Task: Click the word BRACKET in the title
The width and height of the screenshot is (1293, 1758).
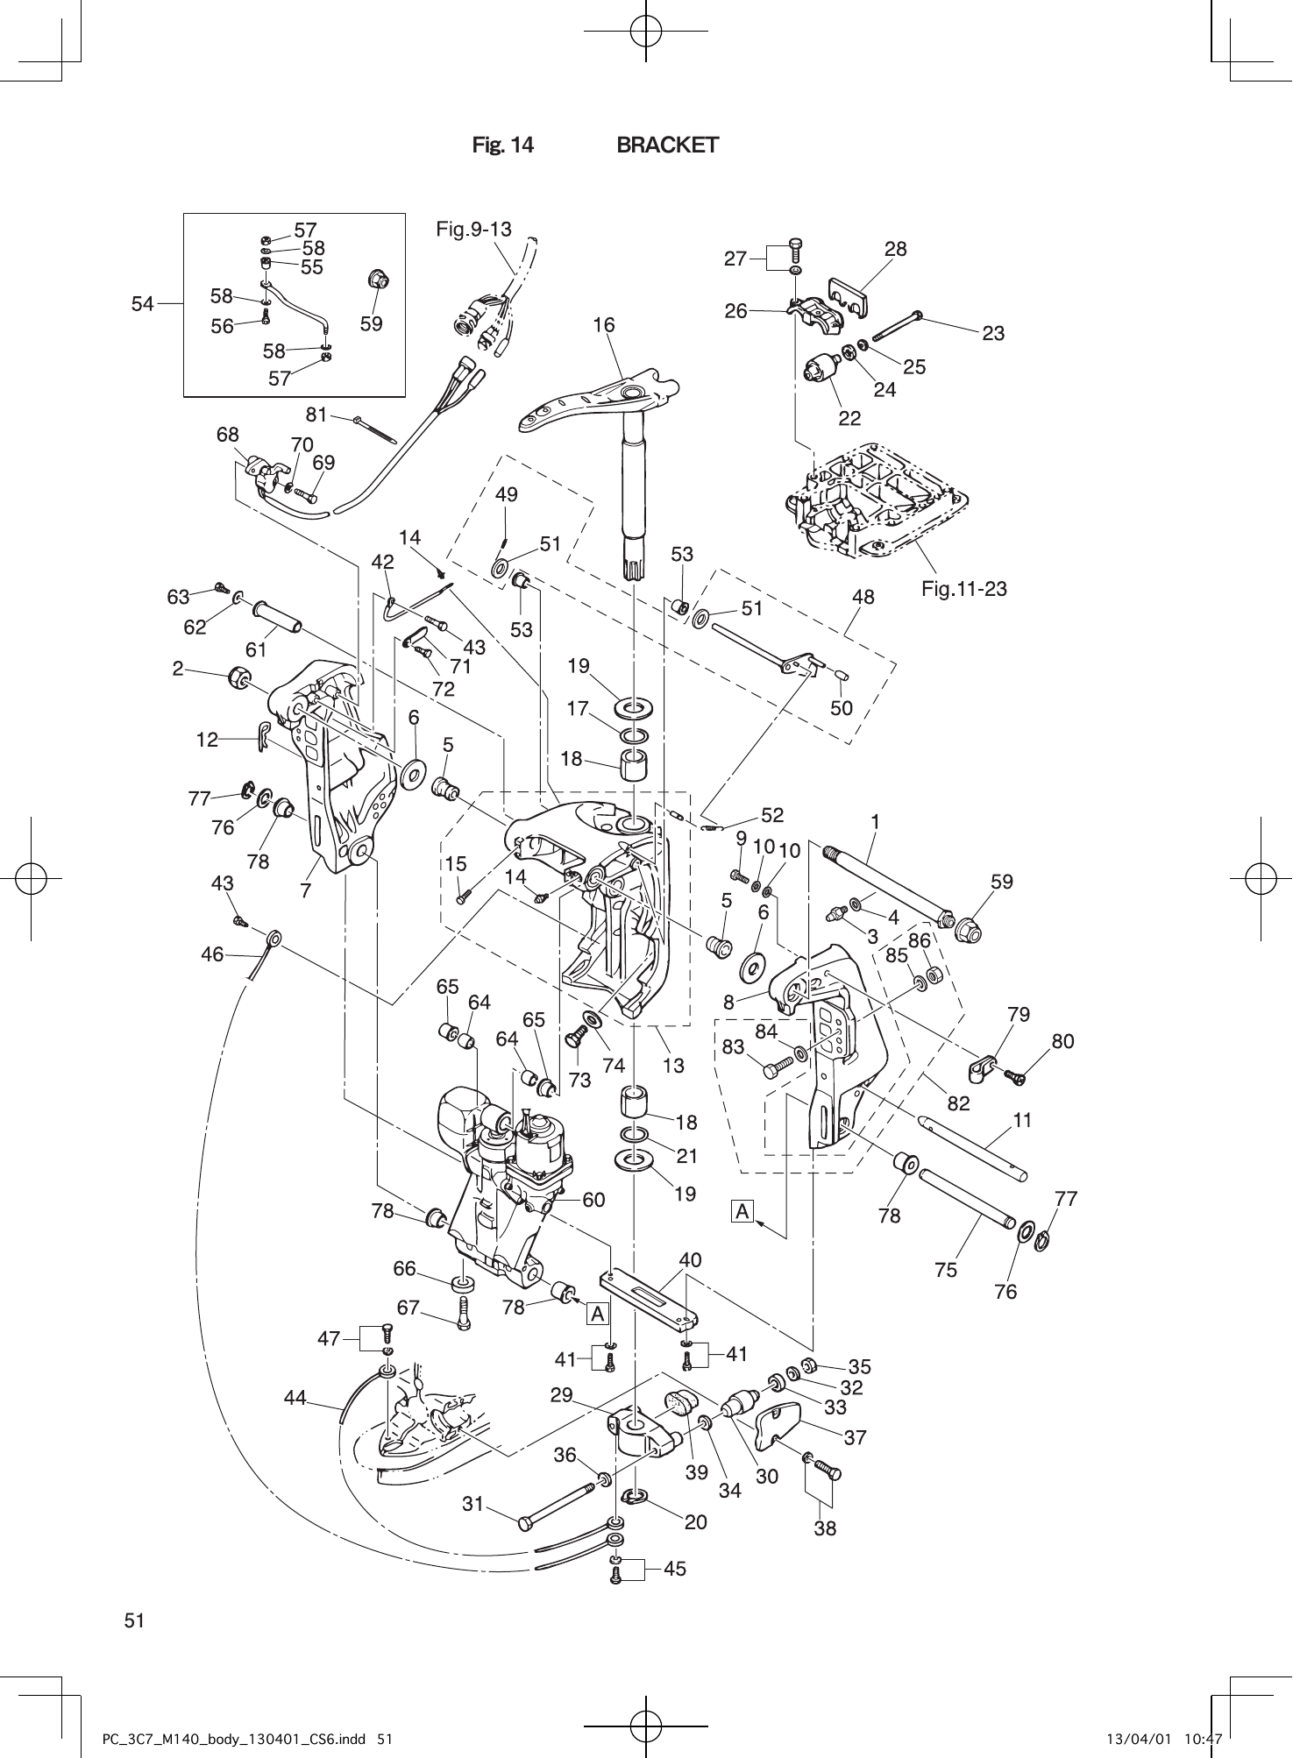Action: click(x=667, y=145)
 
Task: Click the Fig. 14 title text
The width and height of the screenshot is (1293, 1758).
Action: click(x=502, y=145)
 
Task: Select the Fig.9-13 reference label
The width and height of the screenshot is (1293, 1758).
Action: click(x=473, y=230)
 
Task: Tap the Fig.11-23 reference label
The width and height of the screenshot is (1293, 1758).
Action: click(x=963, y=589)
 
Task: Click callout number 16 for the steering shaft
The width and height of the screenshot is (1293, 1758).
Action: click(x=603, y=325)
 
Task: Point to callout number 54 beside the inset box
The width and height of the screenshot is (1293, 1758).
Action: click(x=142, y=304)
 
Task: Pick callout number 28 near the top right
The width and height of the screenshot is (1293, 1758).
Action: click(x=895, y=249)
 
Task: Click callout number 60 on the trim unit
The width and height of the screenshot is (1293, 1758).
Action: click(x=593, y=1200)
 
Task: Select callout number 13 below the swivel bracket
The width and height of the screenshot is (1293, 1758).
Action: click(x=673, y=1066)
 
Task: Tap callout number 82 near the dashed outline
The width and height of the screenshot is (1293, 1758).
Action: click(x=958, y=1103)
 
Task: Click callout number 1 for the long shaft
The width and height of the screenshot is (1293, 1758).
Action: click(x=874, y=822)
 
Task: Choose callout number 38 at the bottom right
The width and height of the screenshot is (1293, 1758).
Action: click(x=825, y=1528)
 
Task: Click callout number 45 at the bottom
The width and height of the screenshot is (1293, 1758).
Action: click(x=674, y=1570)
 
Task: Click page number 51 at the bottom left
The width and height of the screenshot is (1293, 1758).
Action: click(x=134, y=1620)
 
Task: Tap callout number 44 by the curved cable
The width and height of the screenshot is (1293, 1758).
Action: click(x=295, y=1399)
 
